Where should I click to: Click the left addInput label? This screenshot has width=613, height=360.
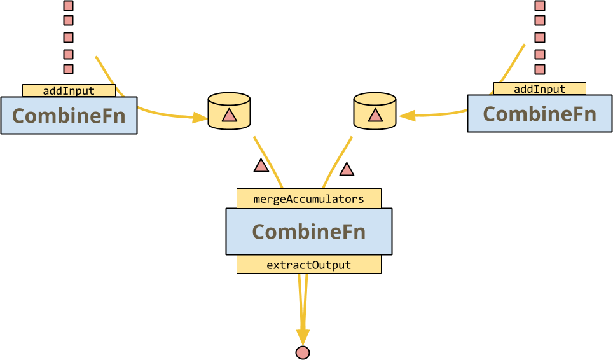click(x=69, y=90)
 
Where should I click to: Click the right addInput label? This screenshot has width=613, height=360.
click(x=539, y=89)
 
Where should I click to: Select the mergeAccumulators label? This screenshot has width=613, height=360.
click(x=308, y=198)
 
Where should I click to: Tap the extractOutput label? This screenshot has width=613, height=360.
click(x=308, y=265)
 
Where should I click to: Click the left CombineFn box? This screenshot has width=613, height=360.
click(x=69, y=116)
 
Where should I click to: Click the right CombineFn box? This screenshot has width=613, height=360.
click(x=539, y=114)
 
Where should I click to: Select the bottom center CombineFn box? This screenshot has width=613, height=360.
click(x=308, y=232)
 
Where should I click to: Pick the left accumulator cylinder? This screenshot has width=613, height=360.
click(x=229, y=111)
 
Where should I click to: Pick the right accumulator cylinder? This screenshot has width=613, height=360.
click(x=375, y=111)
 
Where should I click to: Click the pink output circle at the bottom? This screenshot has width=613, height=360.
click(x=303, y=352)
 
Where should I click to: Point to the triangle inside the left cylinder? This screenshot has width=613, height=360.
click(x=229, y=115)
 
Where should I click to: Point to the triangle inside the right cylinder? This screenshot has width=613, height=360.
click(x=375, y=115)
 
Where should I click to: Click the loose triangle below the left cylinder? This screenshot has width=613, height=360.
click(x=261, y=166)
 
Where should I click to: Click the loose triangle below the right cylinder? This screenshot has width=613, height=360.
click(x=347, y=170)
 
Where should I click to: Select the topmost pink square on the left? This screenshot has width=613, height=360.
click(x=68, y=6)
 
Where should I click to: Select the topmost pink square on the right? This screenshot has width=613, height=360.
click(x=539, y=6)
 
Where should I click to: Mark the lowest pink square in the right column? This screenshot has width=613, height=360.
click(x=539, y=69)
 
